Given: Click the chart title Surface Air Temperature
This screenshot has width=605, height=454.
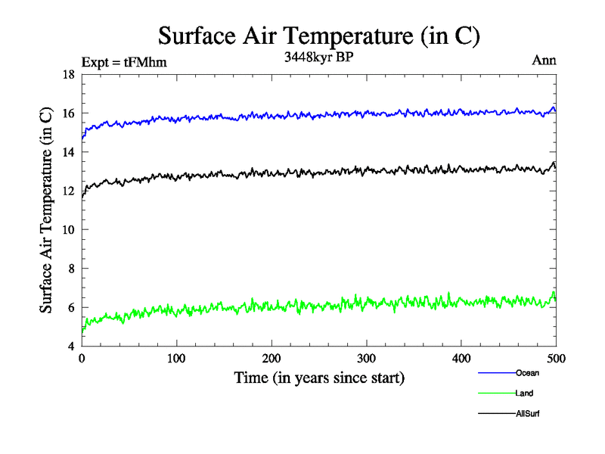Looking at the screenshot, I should [x=319, y=36].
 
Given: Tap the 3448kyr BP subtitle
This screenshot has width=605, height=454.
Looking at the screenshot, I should [x=318, y=57].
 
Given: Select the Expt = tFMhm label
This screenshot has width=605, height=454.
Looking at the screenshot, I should [x=124, y=62].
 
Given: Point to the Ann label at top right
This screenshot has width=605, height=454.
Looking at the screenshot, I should [x=544, y=61].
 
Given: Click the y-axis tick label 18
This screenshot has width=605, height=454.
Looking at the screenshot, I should [x=67, y=75].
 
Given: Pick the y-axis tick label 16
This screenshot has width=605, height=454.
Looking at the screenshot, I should [x=67, y=113].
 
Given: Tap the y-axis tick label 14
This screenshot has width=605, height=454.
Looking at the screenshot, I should [x=67, y=152].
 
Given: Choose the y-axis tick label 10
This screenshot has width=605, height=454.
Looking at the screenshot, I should [x=67, y=230].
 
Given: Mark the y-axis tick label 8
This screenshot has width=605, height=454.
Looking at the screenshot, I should [x=70, y=269].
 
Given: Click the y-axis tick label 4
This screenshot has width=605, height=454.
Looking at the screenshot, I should [x=70, y=347].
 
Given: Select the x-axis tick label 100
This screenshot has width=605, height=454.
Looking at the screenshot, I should [x=176, y=358].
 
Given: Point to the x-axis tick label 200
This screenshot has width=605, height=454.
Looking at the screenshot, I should [x=271, y=358].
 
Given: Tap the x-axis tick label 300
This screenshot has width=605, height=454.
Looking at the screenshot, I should [x=366, y=358].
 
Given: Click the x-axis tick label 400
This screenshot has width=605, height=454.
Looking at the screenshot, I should [x=461, y=358].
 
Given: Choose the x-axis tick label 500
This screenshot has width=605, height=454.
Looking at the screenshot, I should [x=556, y=358].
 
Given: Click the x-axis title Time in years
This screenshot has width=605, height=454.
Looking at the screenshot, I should [x=318, y=378].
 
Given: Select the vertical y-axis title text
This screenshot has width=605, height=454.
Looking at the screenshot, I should [x=46, y=211].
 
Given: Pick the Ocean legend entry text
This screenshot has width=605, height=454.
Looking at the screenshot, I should [x=527, y=373].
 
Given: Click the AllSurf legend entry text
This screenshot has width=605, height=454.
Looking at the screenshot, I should [x=528, y=414].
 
